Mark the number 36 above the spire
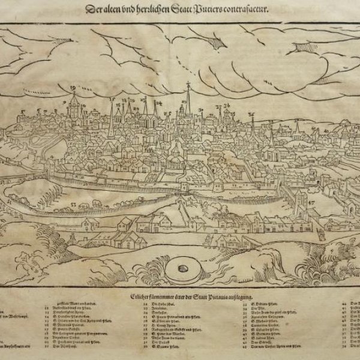[252, 114]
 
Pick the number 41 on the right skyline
[325, 128]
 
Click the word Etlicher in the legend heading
[149, 296]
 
